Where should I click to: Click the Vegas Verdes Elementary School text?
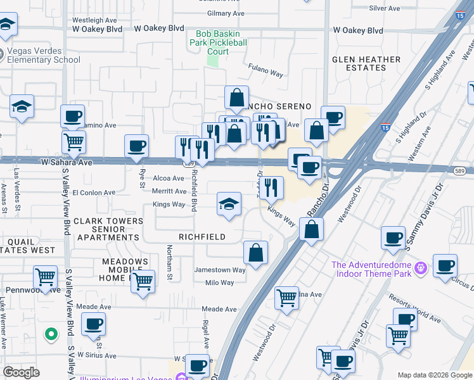coord(43,56)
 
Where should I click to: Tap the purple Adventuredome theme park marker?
coord(420,270)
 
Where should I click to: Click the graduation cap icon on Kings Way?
coord(229,204)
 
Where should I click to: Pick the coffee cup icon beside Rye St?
coord(136,146)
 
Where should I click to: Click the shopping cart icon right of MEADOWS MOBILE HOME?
coord(143,281)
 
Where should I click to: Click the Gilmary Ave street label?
coord(226,13)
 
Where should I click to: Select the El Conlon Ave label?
coord(94,193)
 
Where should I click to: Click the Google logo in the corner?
coord(21,372)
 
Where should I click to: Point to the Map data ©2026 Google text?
coord(434,375)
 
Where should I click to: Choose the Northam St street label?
coord(169,263)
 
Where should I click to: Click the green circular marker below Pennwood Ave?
coord(50,333)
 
